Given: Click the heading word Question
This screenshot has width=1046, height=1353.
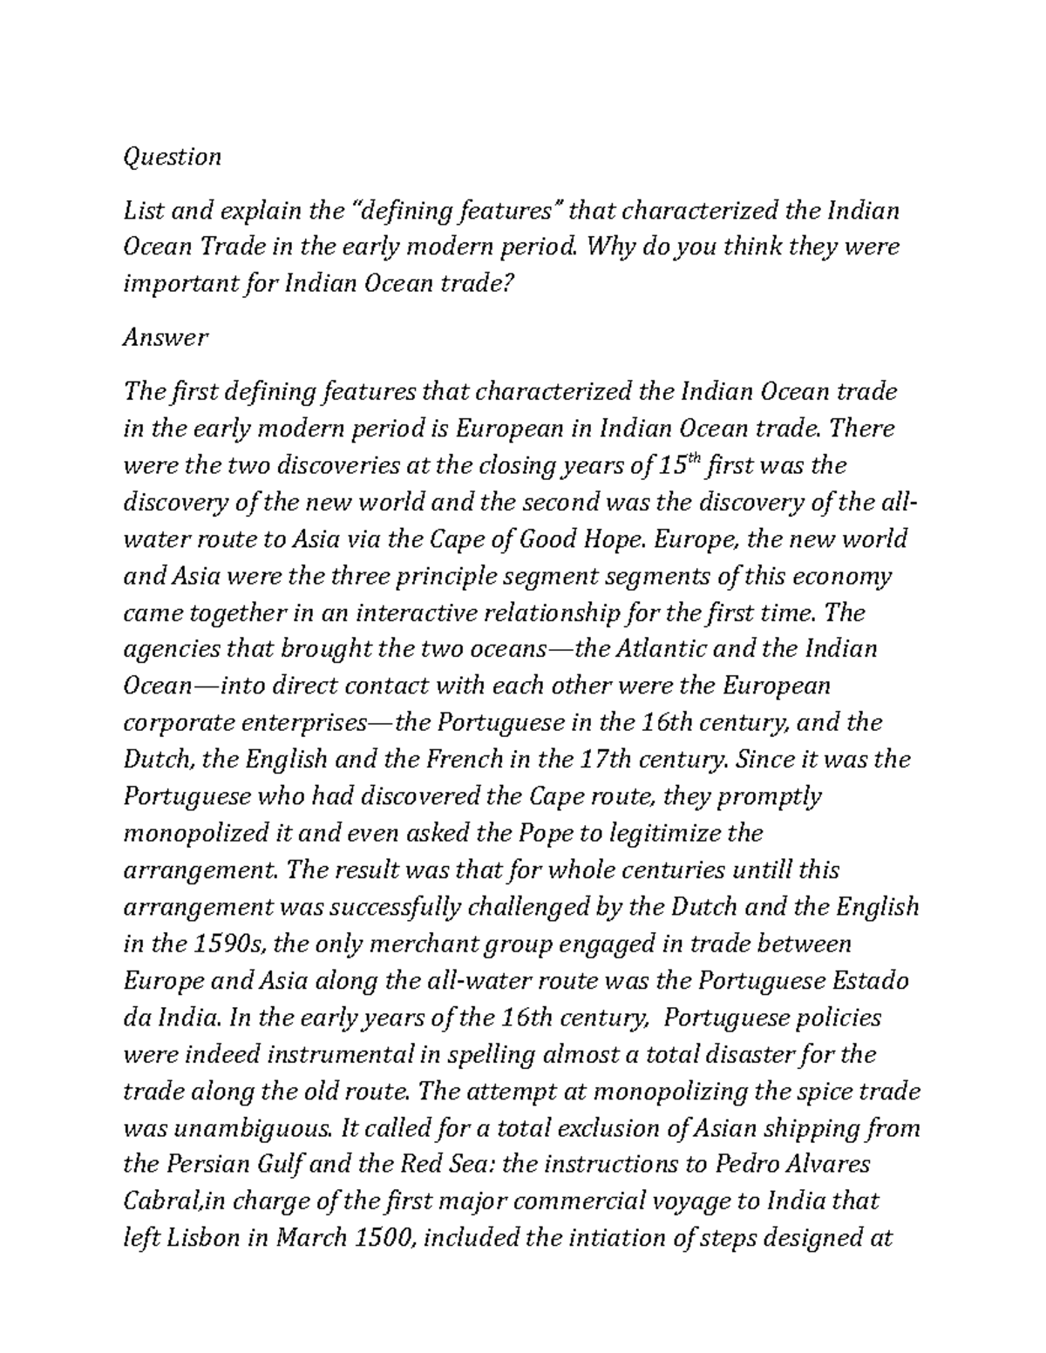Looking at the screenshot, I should pyautogui.click(x=172, y=157).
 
